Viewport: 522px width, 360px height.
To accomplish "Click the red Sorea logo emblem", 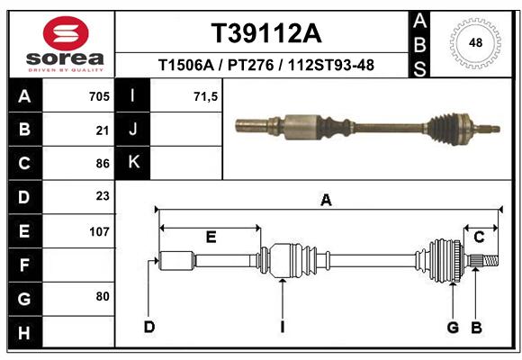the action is (66, 33).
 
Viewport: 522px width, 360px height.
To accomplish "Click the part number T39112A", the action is (266, 33).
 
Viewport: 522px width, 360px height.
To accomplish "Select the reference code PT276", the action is (251, 65).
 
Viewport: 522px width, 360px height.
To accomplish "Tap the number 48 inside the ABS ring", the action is (475, 42).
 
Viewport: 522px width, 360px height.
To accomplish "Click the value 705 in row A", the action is (99, 96).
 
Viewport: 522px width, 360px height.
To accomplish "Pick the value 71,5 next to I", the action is (205, 97).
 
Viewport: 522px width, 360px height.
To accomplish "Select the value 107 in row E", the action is (99, 231).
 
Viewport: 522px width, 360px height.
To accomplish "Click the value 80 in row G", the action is (103, 296).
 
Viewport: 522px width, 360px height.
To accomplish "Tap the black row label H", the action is (25, 332).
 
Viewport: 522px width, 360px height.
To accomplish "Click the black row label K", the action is (133, 163).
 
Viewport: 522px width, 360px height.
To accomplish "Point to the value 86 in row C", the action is (103, 164).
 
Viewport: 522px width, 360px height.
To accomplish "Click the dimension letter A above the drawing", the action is (326, 200).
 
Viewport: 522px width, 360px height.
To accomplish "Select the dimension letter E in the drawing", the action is (211, 237).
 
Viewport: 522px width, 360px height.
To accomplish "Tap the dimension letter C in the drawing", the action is (479, 237).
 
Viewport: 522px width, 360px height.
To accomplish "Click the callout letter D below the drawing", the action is (149, 327).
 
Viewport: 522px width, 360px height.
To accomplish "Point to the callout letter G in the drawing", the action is (453, 328).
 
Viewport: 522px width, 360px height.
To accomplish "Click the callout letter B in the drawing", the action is (476, 328).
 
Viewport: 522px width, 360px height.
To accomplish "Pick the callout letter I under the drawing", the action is (283, 327).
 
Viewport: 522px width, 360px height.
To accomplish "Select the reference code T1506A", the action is (186, 65).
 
